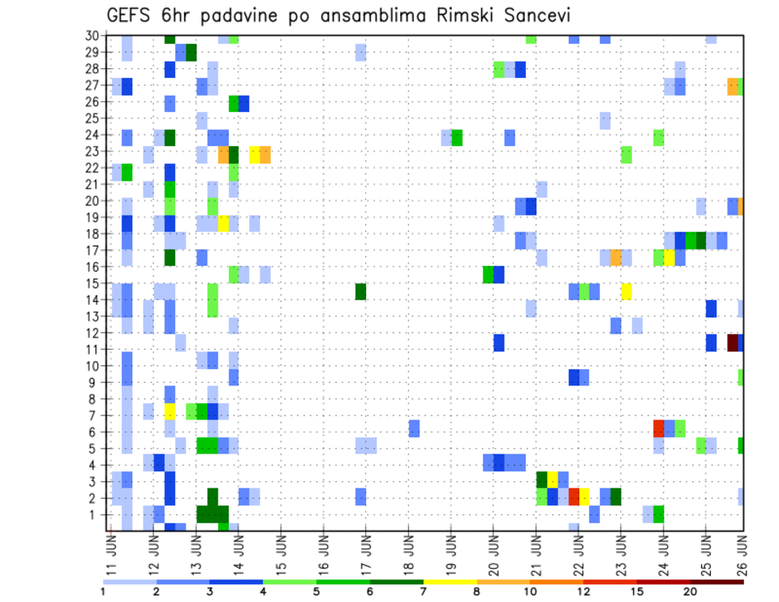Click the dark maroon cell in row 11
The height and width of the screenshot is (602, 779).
pyautogui.click(x=733, y=342)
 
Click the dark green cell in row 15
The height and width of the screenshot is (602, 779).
pyautogui.click(x=360, y=291)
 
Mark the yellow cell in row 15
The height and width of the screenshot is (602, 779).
pyautogui.click(x=626, y=291)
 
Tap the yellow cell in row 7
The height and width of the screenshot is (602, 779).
pyautogui.click(x=170, y=411)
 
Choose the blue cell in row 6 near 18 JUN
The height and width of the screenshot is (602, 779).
pyautogui.click(x=414, y=428)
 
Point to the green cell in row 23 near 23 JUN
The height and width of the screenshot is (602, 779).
pyautogui.click(x=626, y=154)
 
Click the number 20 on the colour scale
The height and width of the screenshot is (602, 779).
pyautogui.click(x=690, y=591)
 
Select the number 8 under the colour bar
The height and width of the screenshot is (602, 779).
pyautogui.click(x=477, y=591)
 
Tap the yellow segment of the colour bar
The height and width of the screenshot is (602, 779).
pyautogui.click(x=450, y=582)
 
